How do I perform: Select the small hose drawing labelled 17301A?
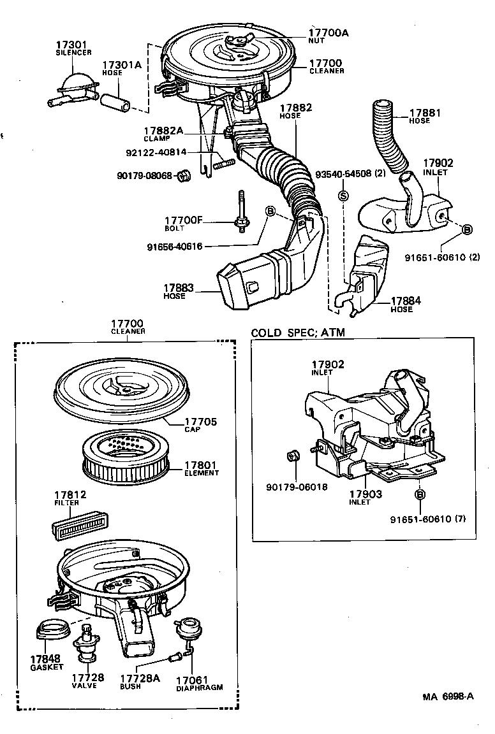tap(117, 101)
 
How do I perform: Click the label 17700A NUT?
tap(329, 36)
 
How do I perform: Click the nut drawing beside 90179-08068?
tap(182, 174)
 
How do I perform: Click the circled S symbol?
tap(343, 196)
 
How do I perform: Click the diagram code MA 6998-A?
tap(447, 696)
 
